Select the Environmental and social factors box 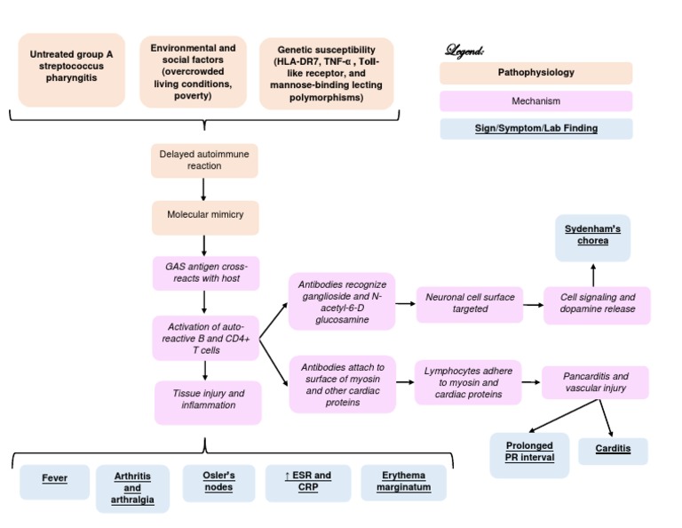click(193, 71)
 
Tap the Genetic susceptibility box click(326, 73)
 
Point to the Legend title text click(464, 50)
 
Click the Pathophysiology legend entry click(535, 73)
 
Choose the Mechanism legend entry click(535, 101)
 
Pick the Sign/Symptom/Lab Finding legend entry click(535, 129)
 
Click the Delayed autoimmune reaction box click(204, 160)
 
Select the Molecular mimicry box click(204, 215)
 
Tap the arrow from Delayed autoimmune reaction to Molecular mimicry click(204, 188)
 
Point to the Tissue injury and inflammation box click(208, 399)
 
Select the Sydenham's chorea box click(592, 236)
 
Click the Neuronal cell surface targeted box click(470, 303)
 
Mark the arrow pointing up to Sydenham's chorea click(593, 273)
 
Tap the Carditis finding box click(613, 449)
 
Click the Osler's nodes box click(218, 481)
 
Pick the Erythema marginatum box click(403, 481)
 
